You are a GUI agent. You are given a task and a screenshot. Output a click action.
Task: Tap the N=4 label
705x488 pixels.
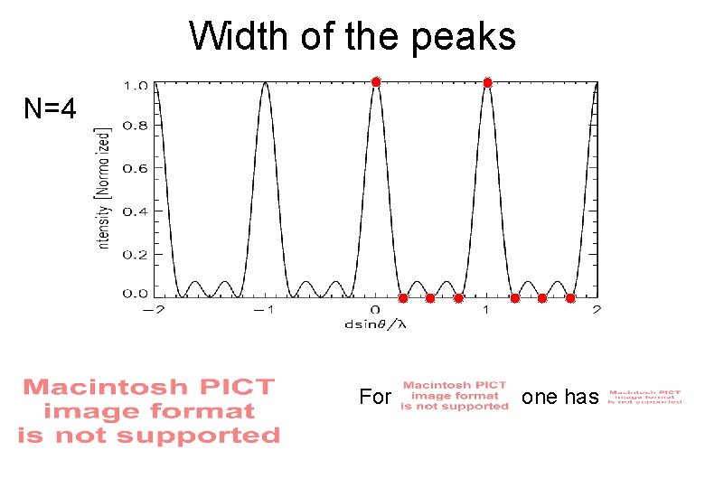pyautogui.click(x=51, y=110)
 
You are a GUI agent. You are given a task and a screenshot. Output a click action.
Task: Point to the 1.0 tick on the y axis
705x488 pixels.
pyautogui.click(x=136, y=86)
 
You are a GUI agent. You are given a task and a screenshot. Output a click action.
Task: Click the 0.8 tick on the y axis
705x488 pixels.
pyautogui.click(x=136, y=127)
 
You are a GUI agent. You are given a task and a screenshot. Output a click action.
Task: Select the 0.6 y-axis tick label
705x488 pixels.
pyautogui.click(x=136, y=168)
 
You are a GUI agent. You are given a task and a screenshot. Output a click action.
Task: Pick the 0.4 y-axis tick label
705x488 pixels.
pyautogui.click(x=136, y=211)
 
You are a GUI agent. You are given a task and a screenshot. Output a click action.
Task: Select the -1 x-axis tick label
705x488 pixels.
pyautogui.click(x=262, y=310)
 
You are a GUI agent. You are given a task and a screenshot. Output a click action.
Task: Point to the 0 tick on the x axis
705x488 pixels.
pyautogui.click(x=376, y=310)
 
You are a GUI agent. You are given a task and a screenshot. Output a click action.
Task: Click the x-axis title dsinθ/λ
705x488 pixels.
pyautogui.click(x=375, y=324)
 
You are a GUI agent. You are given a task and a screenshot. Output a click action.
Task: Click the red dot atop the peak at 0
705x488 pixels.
pyautogui.click(x=376, y=82)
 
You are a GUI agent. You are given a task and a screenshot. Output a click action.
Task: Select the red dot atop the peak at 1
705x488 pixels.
pyautogui.click(x=487, y=82)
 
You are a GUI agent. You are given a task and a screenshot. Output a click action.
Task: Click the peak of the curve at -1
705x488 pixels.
pyautogui.click(x=265, y=83)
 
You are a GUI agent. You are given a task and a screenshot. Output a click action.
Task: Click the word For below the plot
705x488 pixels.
pyautogui.click(x=375, y=397)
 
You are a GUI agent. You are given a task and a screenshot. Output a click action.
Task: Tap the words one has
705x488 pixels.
pyautogui.click(x=560, y=397)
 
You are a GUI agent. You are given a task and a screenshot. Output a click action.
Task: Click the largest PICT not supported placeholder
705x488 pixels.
pyautogui.click(x=149, y=411)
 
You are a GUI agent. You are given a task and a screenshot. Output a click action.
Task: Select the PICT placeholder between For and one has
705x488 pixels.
pyautogui.click(x=455, y=396)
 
